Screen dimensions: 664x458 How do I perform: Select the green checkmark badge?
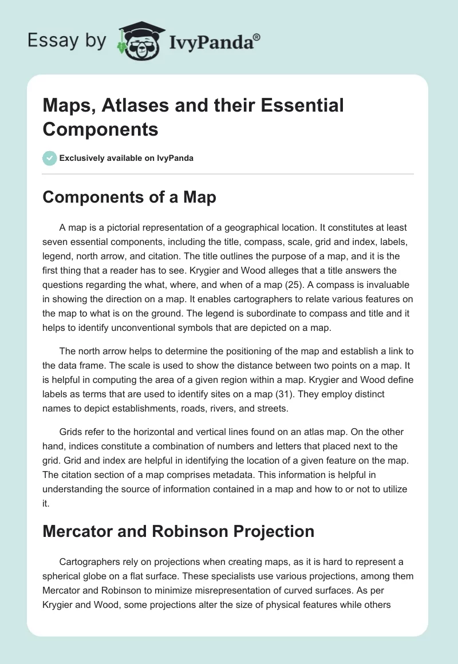50,158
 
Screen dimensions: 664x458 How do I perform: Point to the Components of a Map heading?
129,197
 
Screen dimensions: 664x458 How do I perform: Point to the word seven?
55,241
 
